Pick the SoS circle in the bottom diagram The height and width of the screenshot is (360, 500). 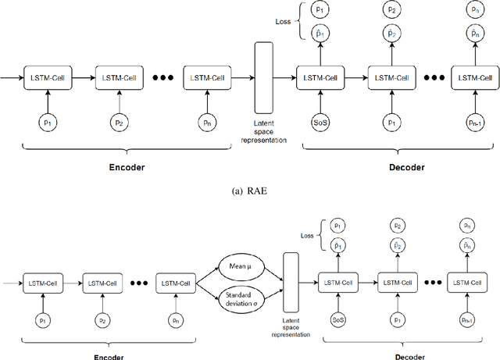337,320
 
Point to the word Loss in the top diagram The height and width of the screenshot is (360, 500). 285,23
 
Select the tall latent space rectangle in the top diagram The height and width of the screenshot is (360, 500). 264,77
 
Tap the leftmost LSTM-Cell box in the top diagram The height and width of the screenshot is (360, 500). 48,77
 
